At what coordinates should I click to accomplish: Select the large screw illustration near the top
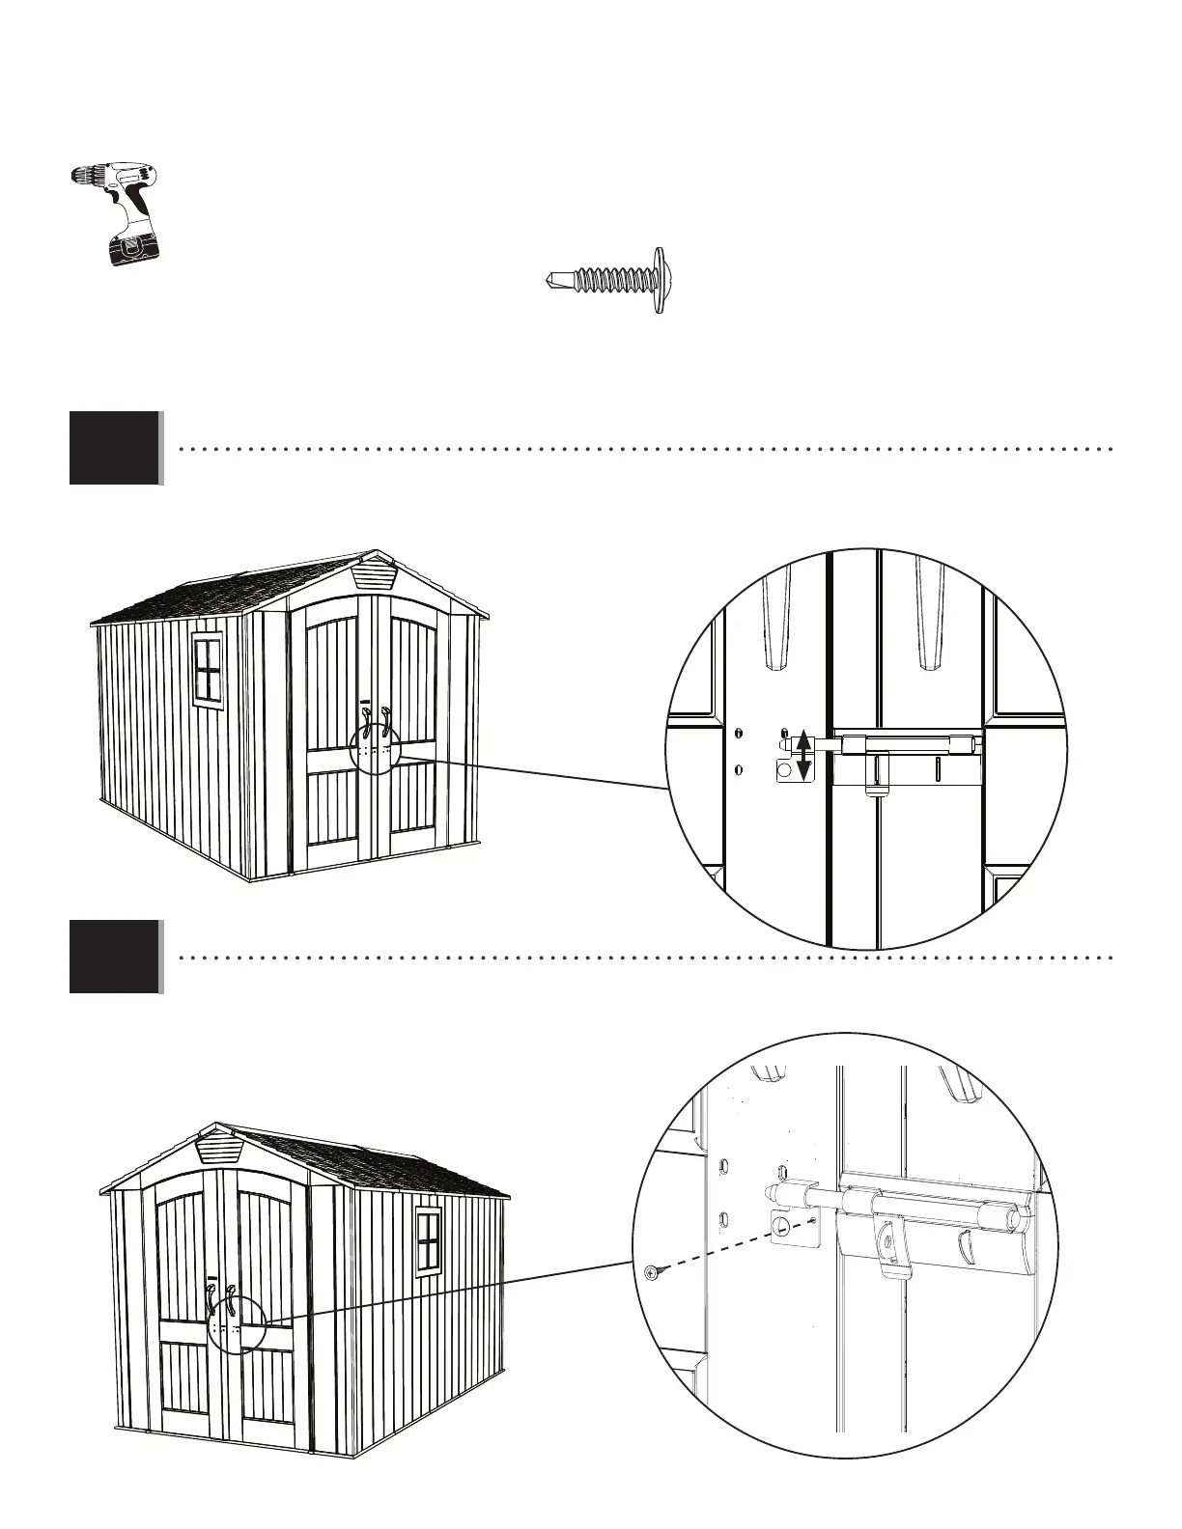[x=605, y=280]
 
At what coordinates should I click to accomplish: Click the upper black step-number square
[x=114, y=447]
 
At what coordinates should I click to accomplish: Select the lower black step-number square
[x=114, y=957]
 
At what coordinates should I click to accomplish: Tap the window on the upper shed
[x=208, y=667]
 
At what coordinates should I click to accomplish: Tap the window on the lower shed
[x=428, y=1240]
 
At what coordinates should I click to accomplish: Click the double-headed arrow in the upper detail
[x=801, y=756]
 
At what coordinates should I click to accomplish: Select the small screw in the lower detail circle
[x=652, y=1273]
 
